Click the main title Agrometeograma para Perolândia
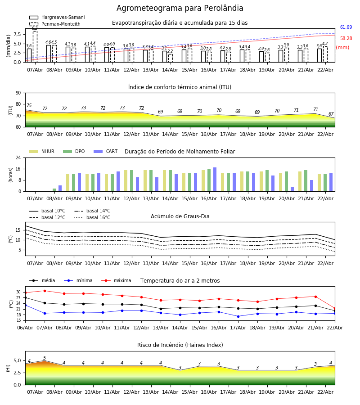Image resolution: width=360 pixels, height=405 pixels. pyautogui.click(x=180, y=9)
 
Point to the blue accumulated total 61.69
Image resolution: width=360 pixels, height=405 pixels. pyautogui.click(x=346, y=27)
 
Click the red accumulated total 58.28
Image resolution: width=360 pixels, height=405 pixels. pyautogui.click(x=346, y=39)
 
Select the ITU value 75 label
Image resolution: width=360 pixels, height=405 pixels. pyautogui.click(x=29, y=106)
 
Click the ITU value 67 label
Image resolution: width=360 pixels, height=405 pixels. pyautogui.click(x=331, y=114)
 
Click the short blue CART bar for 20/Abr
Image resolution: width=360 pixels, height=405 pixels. pyautogui.click(x=292, y=189)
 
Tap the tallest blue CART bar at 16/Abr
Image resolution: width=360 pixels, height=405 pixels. pyautogui.click(x=215, y=179)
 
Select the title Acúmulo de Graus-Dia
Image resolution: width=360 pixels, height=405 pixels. pyautogui.click(x=180, y=216)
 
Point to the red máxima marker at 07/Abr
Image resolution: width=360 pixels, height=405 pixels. pyautogui.click(x=45, y=291)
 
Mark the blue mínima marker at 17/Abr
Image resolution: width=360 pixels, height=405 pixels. pyautogui.click(x=238, y=316)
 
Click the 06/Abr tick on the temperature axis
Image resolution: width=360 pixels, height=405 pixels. pyautogui.click(x=25, y=327)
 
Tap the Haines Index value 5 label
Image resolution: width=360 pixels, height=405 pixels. pyautogui.click(x=45, y=358)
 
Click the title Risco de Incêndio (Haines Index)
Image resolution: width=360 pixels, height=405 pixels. pyautogui.click(x=180, y=345)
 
